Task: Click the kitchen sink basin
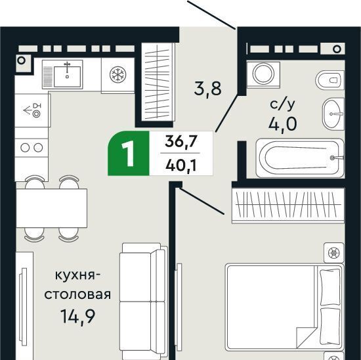pos(67,77)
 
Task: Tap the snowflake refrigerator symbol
pos(118,74)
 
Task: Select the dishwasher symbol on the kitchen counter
pos(32,110)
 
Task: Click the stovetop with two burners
pos(32,148)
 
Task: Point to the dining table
pos(51,208)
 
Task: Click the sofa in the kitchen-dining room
pos(144,300)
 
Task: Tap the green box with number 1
pos(129,153)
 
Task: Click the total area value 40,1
pos(181,166)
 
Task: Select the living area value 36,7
pos(181,141)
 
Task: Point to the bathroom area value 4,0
pos(282,124)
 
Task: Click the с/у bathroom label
pos(282,104)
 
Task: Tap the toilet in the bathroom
pos(329,80)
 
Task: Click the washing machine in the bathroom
pos(263,74)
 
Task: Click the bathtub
pos(300,158)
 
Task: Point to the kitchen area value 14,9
pos(77,316)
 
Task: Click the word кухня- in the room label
pos(75,276)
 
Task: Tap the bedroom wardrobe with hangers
pos(288,206)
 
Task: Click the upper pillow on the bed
pos(330,287)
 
